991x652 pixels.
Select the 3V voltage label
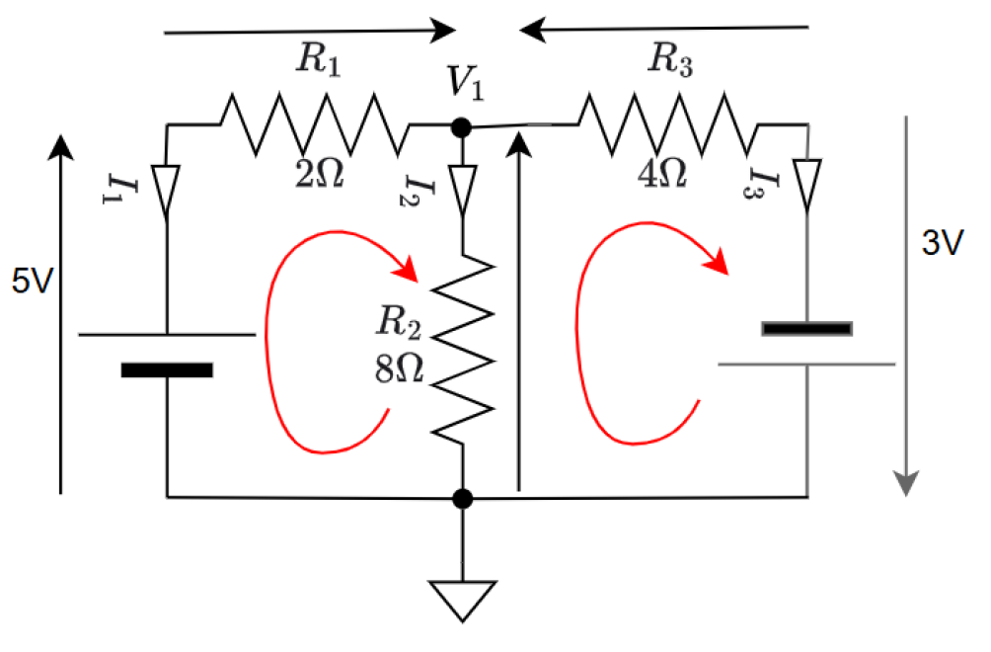(x=941, y=245)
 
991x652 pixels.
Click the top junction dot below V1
(x=460, y=126)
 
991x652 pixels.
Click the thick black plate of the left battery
(x=166, y=370)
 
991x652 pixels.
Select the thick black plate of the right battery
(x=806, y=328)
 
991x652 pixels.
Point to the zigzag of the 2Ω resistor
(x=312, y=123)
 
